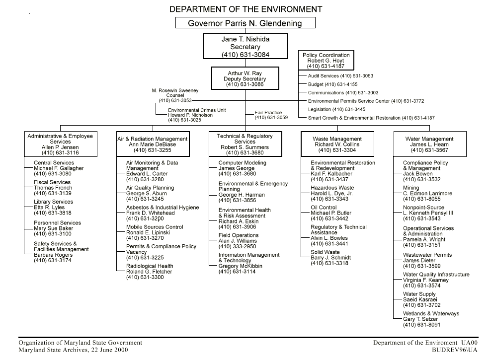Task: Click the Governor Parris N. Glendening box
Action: click(245, 23)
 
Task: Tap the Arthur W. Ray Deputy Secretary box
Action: click(245, 79)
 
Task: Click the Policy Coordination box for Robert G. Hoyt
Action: click(326, 61)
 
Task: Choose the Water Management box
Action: click(429, 144)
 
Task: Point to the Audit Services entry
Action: click(340, 76)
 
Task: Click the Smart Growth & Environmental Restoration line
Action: click(371, 118)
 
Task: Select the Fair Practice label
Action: click(268, 113)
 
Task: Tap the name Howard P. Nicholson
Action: click(190, 115)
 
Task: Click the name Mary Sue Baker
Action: click(53, 228)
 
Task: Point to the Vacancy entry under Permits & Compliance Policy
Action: click(137, 252)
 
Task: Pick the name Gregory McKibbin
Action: click(241, 266)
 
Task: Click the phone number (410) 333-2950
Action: click(238, 246)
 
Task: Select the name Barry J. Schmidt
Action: click(330, 258)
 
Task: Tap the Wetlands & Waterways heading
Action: click(431, 314)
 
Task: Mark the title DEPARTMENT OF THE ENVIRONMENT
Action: click(246, 9)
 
